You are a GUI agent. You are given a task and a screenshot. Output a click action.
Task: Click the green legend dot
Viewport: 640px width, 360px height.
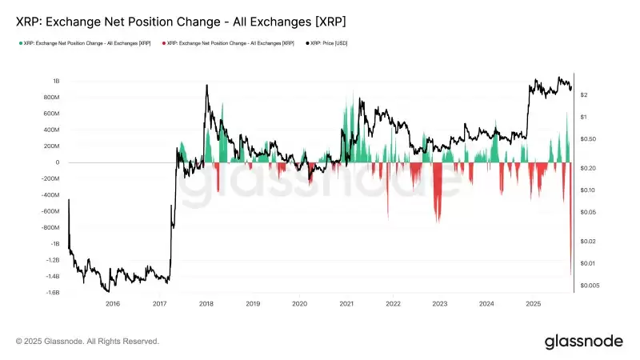click(x=19, y=42)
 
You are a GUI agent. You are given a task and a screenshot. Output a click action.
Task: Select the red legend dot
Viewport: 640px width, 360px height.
click(x=162, y=42)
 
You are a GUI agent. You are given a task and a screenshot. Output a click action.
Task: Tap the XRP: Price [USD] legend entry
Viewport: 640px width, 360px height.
click(x=330, y=42)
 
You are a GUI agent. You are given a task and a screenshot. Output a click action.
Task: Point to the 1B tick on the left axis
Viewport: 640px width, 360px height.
click(x=56, y=81)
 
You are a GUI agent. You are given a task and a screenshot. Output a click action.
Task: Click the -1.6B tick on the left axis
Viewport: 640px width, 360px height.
click(x=51, y=293)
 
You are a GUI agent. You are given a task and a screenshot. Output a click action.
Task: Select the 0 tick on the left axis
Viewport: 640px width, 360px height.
click(x=58, y=162)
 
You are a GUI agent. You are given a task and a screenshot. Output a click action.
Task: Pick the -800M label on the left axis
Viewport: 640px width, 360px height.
click(x=50, y=227)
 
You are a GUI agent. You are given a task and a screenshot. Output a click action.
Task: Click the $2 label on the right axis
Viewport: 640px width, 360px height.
click(x=585, y=95)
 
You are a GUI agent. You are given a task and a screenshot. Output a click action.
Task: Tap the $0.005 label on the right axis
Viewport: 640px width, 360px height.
click(x=590, y=286)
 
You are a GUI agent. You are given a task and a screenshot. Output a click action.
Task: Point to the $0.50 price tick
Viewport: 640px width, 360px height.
click(x=588, y=139)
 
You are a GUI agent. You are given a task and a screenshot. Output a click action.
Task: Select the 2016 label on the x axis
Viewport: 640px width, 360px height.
click(x=113, y=304)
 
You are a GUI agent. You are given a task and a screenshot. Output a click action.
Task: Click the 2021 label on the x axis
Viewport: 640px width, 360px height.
click(x=346, y=304)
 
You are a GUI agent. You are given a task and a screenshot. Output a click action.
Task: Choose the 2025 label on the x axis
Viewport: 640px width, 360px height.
click(x=534, y=304)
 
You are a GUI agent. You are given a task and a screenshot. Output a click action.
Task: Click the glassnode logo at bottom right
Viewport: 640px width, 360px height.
click(x=583, y=342)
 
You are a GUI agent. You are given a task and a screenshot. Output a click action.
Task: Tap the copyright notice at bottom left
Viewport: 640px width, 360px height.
click(x=87, y=342)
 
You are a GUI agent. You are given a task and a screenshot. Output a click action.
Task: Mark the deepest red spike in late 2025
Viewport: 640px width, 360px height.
click(x=570, y=272)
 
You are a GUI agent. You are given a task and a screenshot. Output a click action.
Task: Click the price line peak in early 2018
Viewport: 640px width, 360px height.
click(x=207, y=86)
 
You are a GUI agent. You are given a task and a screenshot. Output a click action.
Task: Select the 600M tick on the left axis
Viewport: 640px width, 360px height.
click(x=51, y=114)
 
